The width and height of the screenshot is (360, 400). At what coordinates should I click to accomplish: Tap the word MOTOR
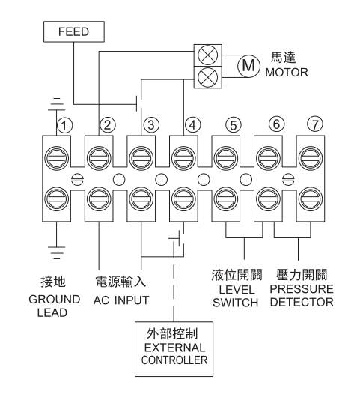287,73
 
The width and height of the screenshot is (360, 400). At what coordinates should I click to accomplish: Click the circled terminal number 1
65,125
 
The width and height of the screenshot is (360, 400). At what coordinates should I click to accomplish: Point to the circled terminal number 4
193,125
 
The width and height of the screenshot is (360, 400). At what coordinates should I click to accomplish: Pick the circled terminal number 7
315,124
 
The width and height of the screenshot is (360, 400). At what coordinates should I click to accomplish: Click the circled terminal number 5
234,125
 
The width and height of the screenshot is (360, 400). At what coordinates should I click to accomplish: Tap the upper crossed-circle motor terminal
208,55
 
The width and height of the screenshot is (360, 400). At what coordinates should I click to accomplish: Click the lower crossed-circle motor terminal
208,77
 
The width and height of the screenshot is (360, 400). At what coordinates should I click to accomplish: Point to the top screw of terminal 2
99,158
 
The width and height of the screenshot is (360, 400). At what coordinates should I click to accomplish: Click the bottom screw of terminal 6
268,199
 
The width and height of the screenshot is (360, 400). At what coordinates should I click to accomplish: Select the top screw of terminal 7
311,158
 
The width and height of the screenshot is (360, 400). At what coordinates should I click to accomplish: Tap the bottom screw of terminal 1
56,199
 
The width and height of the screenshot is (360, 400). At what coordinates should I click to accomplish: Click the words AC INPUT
121,300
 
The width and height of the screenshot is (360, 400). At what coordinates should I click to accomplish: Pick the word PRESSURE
302,289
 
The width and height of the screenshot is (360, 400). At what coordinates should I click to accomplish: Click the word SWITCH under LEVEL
235,303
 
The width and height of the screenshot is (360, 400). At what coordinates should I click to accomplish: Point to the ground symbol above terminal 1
57,104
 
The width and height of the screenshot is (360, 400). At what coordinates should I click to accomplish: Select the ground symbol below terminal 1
57,252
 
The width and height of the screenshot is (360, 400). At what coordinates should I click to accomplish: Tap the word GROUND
55,300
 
